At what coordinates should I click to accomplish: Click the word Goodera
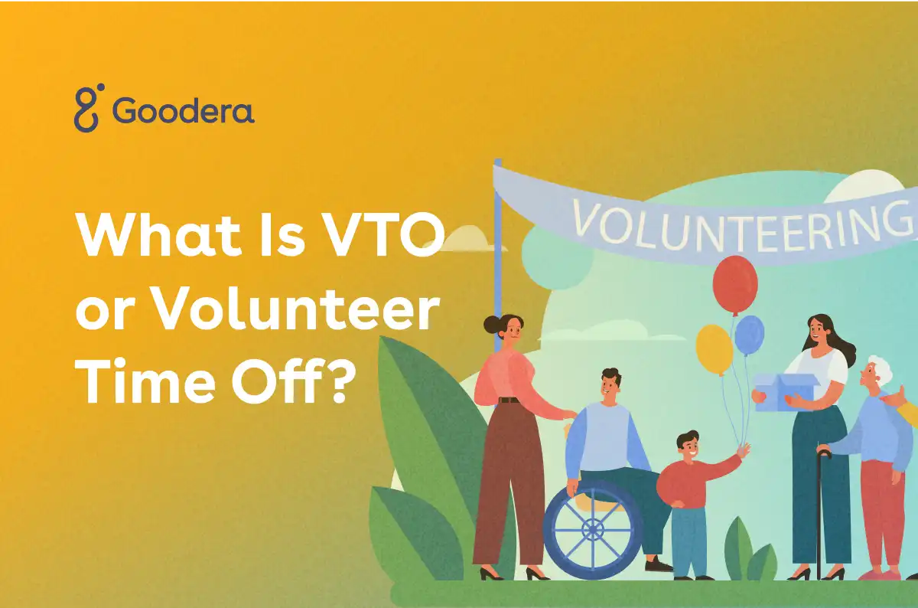point(184,111)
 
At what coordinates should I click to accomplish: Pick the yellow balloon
point(714,348)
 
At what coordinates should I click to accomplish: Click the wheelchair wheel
point(593,528)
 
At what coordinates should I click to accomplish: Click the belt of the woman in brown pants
point(509,400)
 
